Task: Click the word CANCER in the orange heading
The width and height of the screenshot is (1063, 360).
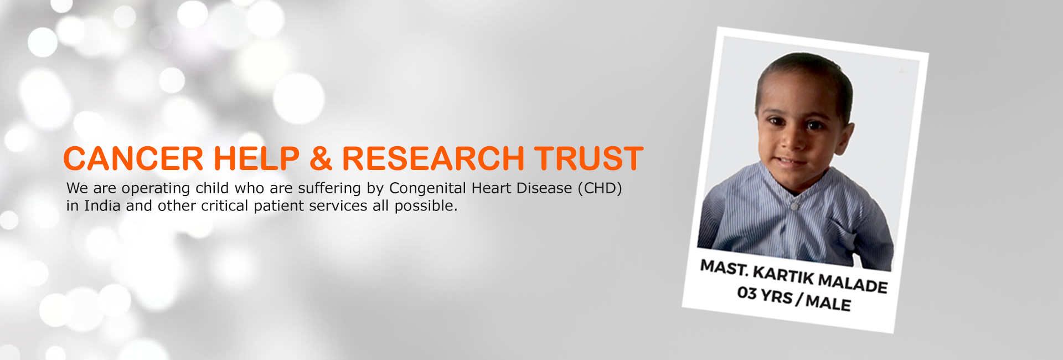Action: point(133,158)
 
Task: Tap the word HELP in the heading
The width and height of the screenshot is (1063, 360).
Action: point(256,158)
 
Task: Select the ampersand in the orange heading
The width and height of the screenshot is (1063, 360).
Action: point(321,158)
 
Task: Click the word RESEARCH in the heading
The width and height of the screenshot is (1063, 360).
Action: point(433,158)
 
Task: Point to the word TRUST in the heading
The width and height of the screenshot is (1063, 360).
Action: point(589,158)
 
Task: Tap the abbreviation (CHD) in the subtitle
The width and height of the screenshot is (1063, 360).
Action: point(600,188)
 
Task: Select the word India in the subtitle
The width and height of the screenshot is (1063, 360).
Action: point(102,206)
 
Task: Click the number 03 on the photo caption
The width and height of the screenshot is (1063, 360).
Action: point(747,292)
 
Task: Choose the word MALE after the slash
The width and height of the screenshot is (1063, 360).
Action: point(828,302)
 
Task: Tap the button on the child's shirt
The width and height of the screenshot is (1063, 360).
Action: point(795,206)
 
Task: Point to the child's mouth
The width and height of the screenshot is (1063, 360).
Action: point(791,162)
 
